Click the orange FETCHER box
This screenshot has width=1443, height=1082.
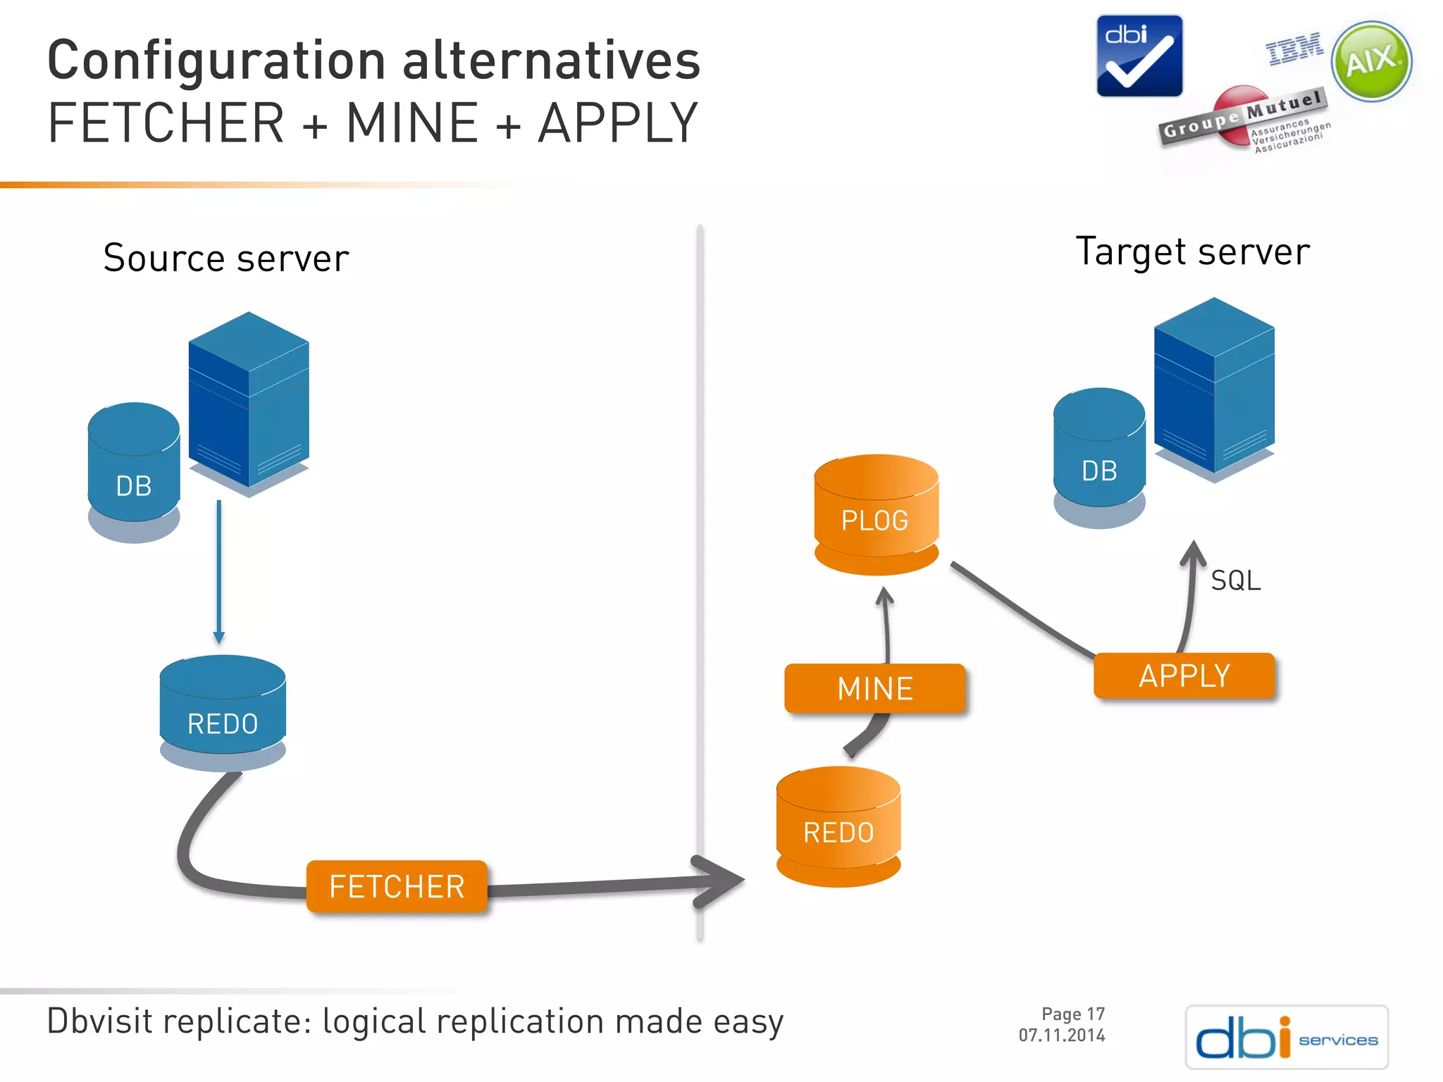pos(397,886)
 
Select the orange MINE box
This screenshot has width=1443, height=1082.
pos(874,688)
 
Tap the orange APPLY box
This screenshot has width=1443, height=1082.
pos(1184,676)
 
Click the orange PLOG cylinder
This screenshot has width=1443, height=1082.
pos(876,514)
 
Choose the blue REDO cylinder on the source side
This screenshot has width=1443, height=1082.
pos(223,711)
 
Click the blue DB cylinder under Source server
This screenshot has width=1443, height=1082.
pos(134,472)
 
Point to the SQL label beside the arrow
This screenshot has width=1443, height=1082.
pos(1235,581)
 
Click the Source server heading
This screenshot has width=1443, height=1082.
pos(226,258)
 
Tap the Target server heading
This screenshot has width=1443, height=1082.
pos(1192,251)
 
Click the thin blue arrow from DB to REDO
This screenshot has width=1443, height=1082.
pos(219,571)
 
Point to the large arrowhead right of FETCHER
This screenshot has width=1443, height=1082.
pos(719,881)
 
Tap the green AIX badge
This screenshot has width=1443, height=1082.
pos(1371,61)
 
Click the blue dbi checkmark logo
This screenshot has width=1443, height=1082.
pos(1139,56)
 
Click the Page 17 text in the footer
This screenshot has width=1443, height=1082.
pos(1072,1014)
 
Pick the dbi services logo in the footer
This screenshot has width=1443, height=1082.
pos(1287,1037)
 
